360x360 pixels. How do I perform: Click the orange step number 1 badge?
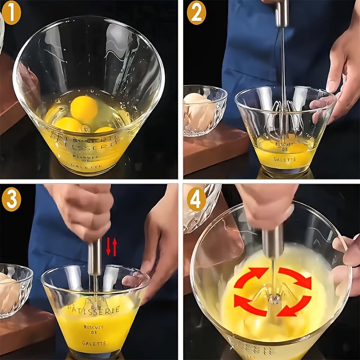click(x=11, y=13)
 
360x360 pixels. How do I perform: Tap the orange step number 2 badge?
click(x=196, y=13)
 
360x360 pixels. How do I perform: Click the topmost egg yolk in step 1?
click(x=84, y=108)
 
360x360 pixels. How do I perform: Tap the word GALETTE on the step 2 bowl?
click(x=284, y=159)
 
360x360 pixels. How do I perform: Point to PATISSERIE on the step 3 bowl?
click(x=94, y=310)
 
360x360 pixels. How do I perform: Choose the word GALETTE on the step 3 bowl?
click(x=94, y=343)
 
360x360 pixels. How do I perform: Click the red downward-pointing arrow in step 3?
click(x=108, y=247)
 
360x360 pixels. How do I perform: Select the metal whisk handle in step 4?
click(x=273, y=241)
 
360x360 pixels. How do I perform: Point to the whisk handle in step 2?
click(x=282, y=13)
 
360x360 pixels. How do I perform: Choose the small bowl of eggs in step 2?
click(x=204, y=110)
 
